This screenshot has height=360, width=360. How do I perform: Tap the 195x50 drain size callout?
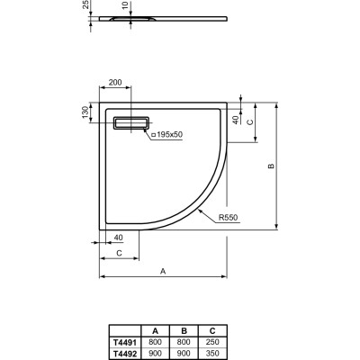[x=167, y=134]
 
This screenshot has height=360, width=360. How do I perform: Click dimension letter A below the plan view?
[x=162, y=270]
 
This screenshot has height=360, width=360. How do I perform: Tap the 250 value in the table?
[x=212, y=341]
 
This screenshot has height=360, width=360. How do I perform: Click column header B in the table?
[x=184, y=330]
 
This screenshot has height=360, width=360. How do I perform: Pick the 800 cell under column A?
[x=156, y=341]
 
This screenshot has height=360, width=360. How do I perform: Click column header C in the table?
[x=212, y=330]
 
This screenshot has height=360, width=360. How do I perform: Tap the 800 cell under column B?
[x=184, y=341]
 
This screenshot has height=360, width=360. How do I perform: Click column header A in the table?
[x=156, y=330]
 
